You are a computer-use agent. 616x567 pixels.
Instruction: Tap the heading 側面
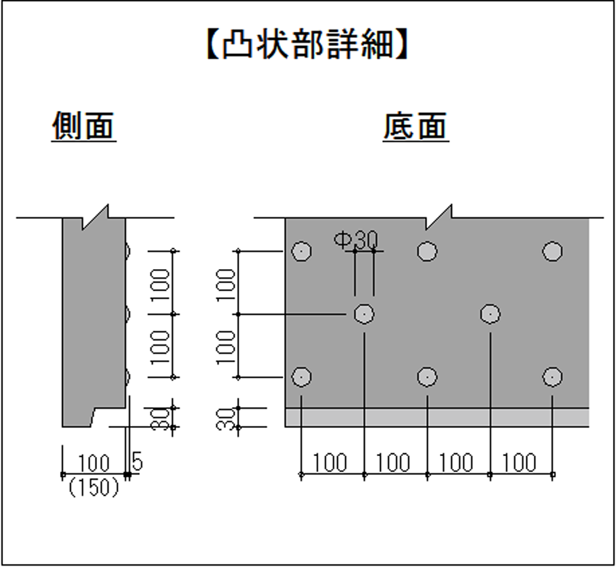(x=83, y=127)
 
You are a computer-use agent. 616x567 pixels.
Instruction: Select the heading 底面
(x=415, y=127)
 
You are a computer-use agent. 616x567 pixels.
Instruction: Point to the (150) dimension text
(x=94, y=487)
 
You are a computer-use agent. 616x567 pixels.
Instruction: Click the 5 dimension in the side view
(x=137, y=462)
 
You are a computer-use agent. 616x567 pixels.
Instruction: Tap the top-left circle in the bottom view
(x=301, y=251)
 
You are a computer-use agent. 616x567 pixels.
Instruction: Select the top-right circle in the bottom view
(x=552, y=251)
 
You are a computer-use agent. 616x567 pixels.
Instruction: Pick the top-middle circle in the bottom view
(x=426, y=251)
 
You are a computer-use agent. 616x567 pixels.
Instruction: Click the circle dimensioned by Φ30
(x=364, y=314)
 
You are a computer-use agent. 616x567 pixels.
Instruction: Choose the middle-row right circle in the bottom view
(x=490, y=314)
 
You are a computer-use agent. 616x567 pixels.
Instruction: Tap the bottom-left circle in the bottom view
(x=301, y=376)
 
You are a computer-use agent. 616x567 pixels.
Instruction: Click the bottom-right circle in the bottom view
(x=552, y=376)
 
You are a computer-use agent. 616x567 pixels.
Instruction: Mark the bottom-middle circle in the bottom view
(x=426, y=376)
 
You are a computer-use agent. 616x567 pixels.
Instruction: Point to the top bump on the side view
(x=127, y=251)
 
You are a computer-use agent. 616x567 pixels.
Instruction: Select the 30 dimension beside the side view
(x=161, y=417)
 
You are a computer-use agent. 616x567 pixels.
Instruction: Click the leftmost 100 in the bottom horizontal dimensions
(x=330, y=463)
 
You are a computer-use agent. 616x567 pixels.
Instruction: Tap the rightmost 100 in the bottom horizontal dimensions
(x=519, y=463)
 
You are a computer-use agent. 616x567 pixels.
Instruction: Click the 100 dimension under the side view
(x=93, y=463)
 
